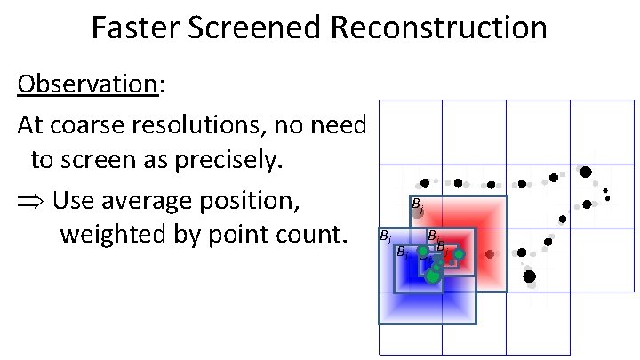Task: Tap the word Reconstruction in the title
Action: (438, 28)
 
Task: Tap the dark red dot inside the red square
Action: (489, 254)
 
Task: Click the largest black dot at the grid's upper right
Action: (585, 171)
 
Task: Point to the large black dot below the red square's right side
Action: (530, 276)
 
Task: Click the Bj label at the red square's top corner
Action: (417, 208)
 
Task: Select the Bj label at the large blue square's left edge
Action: (384, 237)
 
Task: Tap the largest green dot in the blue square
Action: (432, 276)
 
